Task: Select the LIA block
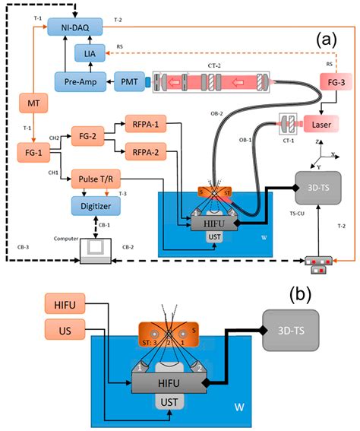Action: coord(90,52)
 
